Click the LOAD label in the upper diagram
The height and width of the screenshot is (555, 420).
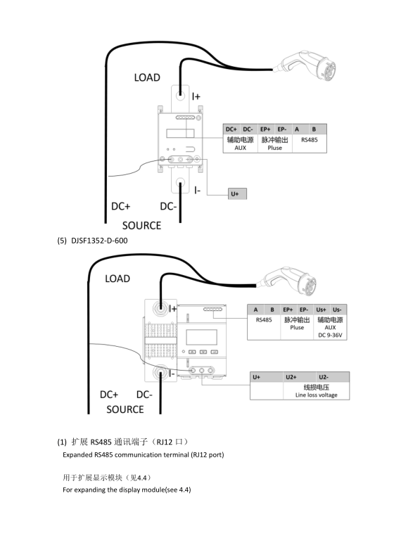147,77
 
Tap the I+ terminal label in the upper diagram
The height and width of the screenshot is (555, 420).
196,96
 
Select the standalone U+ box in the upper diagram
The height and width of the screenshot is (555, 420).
237,193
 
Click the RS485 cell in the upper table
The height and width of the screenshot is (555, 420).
309,140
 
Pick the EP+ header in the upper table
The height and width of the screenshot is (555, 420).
266,129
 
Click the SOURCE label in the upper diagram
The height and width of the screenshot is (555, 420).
141,226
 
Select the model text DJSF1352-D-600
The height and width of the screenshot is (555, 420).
99,241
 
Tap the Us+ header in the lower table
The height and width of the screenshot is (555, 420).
322,310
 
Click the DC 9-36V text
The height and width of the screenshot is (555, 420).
330,335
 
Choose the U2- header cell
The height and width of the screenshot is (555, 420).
324,377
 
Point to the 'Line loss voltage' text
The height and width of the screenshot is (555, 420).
317,395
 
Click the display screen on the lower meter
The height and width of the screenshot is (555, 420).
201,337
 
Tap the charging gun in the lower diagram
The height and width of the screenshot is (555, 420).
288,281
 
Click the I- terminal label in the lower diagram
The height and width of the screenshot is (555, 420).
172,374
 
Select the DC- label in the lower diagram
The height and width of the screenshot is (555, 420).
144,395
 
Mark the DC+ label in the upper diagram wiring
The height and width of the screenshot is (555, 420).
121,206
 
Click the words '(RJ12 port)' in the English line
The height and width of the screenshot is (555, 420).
208,455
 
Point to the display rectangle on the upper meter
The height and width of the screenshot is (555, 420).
180,133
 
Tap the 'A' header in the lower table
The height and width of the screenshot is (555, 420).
255,310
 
